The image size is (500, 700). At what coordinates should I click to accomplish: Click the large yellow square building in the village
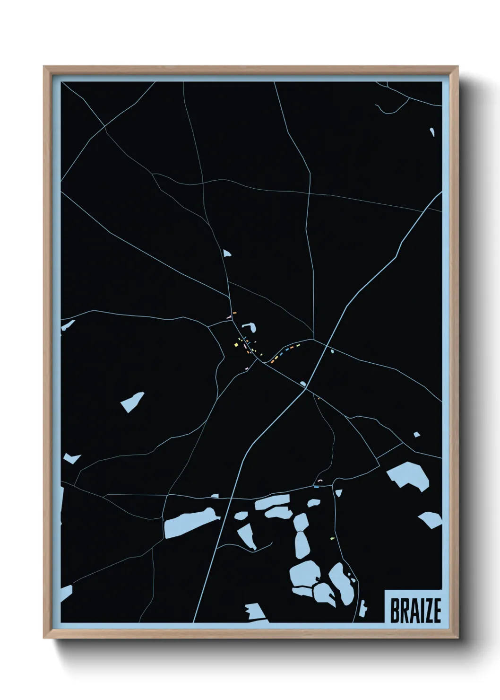click(x=236, y=345)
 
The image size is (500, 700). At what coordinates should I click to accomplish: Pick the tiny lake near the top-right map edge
click(x=432, y=132)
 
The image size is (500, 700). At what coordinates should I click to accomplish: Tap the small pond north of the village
click(x=227, y=254)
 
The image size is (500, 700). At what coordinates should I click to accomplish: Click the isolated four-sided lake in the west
click(x=132, y=402)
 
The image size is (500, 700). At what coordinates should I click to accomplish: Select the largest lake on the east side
click(x=408, y=475)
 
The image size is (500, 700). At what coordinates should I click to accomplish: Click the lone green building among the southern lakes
click(x=332, y=538)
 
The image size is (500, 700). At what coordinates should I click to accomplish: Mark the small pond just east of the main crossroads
click(x=332, y=351)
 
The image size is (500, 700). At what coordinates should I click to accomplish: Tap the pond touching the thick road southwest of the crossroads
click(x=303, y=384)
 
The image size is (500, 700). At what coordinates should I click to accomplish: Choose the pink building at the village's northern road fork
click(x=229, y=317)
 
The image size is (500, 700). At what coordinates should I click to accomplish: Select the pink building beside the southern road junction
click(x=320, y=481)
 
